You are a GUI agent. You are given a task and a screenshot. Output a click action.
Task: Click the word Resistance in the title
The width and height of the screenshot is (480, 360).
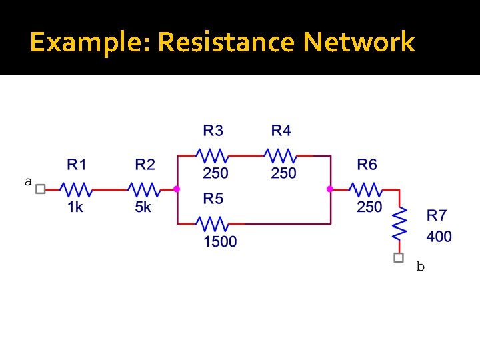click(227, 43)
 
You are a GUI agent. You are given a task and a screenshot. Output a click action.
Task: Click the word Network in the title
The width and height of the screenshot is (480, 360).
click(359, 43)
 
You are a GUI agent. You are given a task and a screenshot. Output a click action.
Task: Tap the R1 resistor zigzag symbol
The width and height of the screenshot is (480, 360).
click(76, 189)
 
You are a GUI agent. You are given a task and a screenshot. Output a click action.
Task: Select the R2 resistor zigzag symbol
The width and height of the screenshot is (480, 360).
click(143, 189)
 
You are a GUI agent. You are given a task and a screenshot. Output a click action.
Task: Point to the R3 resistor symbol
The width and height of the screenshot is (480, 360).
click(213, 155)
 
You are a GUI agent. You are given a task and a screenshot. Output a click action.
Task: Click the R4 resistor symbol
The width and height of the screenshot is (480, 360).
click(281, 155)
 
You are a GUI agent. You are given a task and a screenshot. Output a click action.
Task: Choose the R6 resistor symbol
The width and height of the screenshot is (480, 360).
click(367, 189)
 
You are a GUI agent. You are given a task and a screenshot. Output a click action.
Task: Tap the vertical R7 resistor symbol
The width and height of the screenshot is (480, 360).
click(399, 225)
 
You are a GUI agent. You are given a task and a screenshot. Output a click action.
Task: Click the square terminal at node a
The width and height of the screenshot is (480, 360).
click(41, 189)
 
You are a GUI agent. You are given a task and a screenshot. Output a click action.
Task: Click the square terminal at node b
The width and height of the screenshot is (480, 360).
click(399, 257)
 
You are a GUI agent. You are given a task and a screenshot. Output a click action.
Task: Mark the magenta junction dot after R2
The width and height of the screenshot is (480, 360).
click(177, 189)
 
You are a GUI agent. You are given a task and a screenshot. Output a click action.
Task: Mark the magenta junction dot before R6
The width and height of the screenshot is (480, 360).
click(329, 189)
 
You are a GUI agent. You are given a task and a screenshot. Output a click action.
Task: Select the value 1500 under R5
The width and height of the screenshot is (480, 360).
click(220, 241)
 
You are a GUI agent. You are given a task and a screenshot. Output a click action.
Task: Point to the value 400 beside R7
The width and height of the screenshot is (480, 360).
click(439, 236)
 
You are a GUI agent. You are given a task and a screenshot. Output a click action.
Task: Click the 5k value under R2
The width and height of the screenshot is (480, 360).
click(143, 207)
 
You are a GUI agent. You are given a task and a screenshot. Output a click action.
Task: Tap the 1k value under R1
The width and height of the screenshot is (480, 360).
click(75, 207)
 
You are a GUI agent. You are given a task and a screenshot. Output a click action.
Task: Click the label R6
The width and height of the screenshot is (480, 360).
click(367, 164)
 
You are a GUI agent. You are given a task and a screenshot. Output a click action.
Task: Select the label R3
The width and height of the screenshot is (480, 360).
click(213, 129)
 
